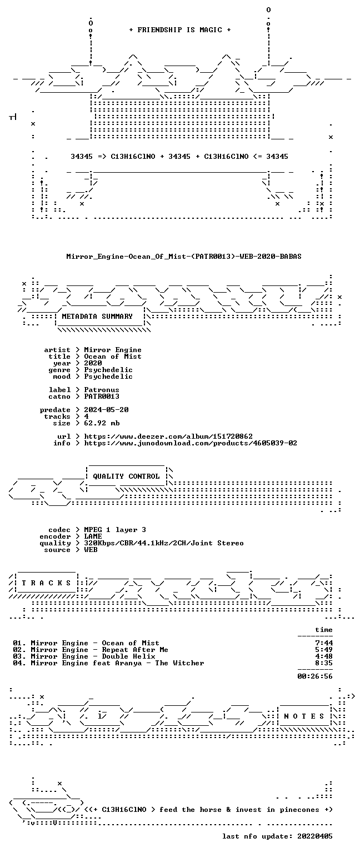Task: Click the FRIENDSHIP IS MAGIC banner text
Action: tap(180, 29)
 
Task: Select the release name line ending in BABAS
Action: tap(184, 256)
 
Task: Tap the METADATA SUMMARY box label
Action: tap(97, 316)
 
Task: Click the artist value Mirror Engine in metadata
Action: tap(113, 350)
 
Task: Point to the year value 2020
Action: tap(93, 363)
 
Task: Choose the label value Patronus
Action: tap(102, 389)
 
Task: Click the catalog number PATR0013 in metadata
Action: tap(102, 397)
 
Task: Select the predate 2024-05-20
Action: tap(106, 410)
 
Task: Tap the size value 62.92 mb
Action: tap(102, 423)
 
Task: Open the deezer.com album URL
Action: tap(168, 436)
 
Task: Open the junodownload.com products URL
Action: tap(191, 443)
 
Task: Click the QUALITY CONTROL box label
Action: tap(126, 476)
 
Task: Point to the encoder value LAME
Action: tap(93, 536)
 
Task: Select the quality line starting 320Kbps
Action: tap(164, 543)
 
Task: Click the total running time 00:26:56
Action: tap(314, 676)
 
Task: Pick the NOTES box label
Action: tap(304, 716)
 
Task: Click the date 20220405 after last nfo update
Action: tap(314, 836)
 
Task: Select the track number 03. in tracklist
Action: tap(19, 656)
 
